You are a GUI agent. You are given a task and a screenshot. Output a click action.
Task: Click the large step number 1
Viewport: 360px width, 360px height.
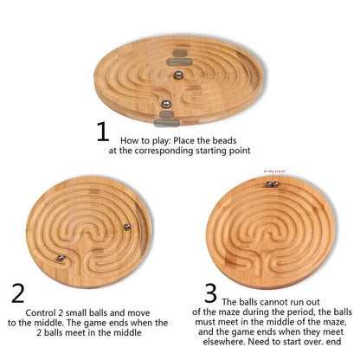(103, 132)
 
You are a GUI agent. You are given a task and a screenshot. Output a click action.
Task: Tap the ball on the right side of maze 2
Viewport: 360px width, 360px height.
(128, 228)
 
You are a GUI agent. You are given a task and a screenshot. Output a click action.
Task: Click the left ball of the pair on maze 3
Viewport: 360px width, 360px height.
(269, 183)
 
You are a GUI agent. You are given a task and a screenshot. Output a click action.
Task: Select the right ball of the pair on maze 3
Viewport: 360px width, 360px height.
(278, 183)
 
